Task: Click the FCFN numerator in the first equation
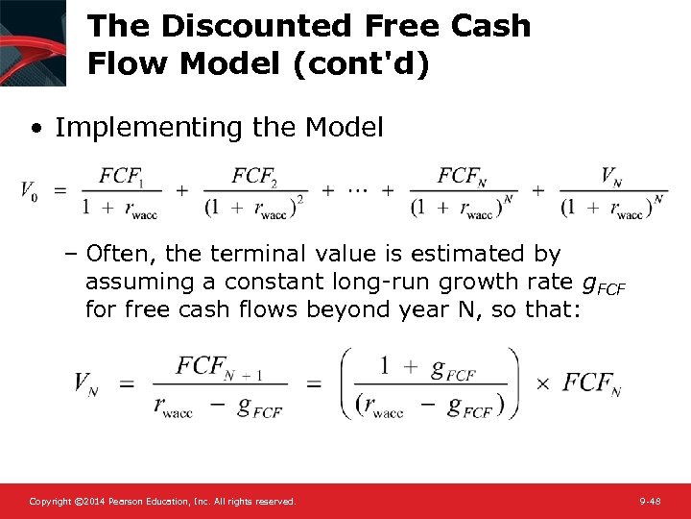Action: [x=461, y=176]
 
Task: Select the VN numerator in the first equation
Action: [x=611, y=176]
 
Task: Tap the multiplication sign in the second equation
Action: [x=542, y=383]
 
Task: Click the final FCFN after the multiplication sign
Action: [x=591, y=383]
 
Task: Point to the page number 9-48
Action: [x=649, y=502]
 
